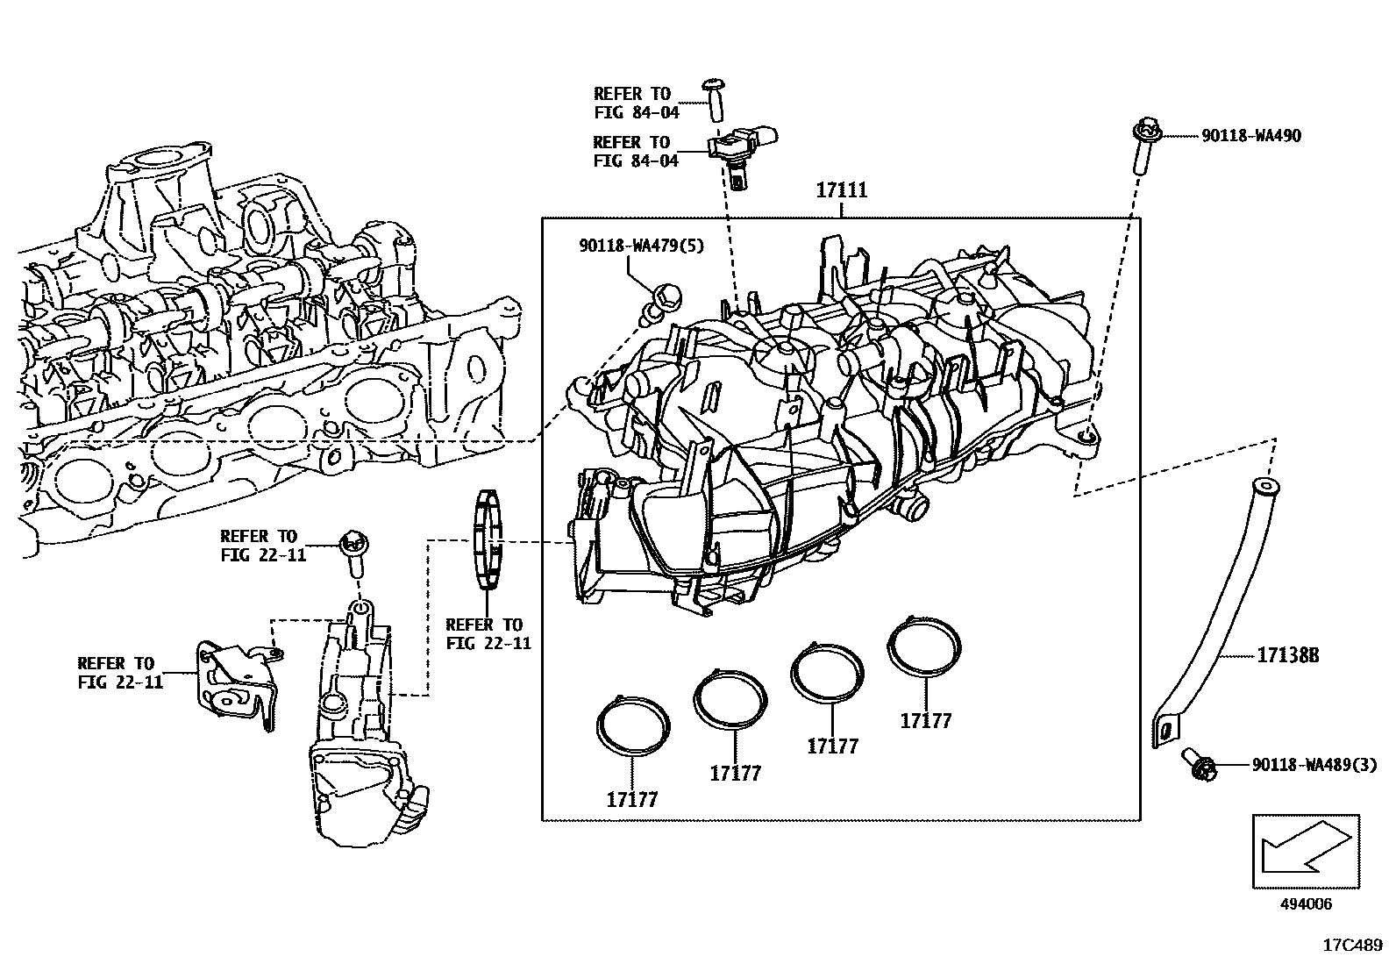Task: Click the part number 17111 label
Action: [x=842, y=189]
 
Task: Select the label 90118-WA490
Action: [x=1250, y=136]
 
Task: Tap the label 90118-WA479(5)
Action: [x=641, y=246]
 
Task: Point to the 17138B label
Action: [x=1288, y=655]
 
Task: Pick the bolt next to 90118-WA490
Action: [x=1143, y=149]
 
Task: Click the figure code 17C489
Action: [x=1352, y=946]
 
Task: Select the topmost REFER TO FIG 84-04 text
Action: [x=636, y=103]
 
